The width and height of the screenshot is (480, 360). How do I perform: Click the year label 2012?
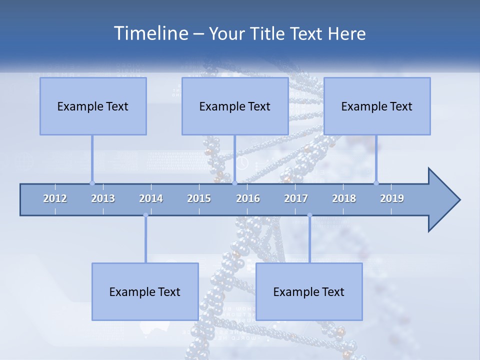point(55,198)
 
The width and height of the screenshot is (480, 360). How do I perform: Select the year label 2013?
point(103,198)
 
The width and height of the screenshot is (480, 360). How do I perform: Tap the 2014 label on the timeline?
point(151,198)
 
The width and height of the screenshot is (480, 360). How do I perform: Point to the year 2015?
point(199,198)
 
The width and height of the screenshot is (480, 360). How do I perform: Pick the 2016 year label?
point(248,198)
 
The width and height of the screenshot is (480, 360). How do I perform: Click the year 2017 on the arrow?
point(296,198)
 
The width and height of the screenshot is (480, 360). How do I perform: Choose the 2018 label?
point(344,198)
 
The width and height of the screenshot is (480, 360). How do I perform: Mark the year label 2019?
point(392,198)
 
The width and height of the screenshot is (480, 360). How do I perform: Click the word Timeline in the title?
point(150,33)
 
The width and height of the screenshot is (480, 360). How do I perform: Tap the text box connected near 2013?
point(93,106)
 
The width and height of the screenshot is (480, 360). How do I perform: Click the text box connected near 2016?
point(235,106)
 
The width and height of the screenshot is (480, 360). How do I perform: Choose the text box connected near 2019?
point(377,106)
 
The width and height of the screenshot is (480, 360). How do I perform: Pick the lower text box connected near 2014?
point(145,291)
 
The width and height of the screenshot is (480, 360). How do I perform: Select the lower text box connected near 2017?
point(309,291)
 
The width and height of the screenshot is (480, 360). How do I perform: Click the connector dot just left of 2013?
point(92,183)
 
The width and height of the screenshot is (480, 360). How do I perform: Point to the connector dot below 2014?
point(145,215)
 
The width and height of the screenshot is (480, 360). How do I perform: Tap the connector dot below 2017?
point(309,215)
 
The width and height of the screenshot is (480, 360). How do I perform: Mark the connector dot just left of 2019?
point(376,183)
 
